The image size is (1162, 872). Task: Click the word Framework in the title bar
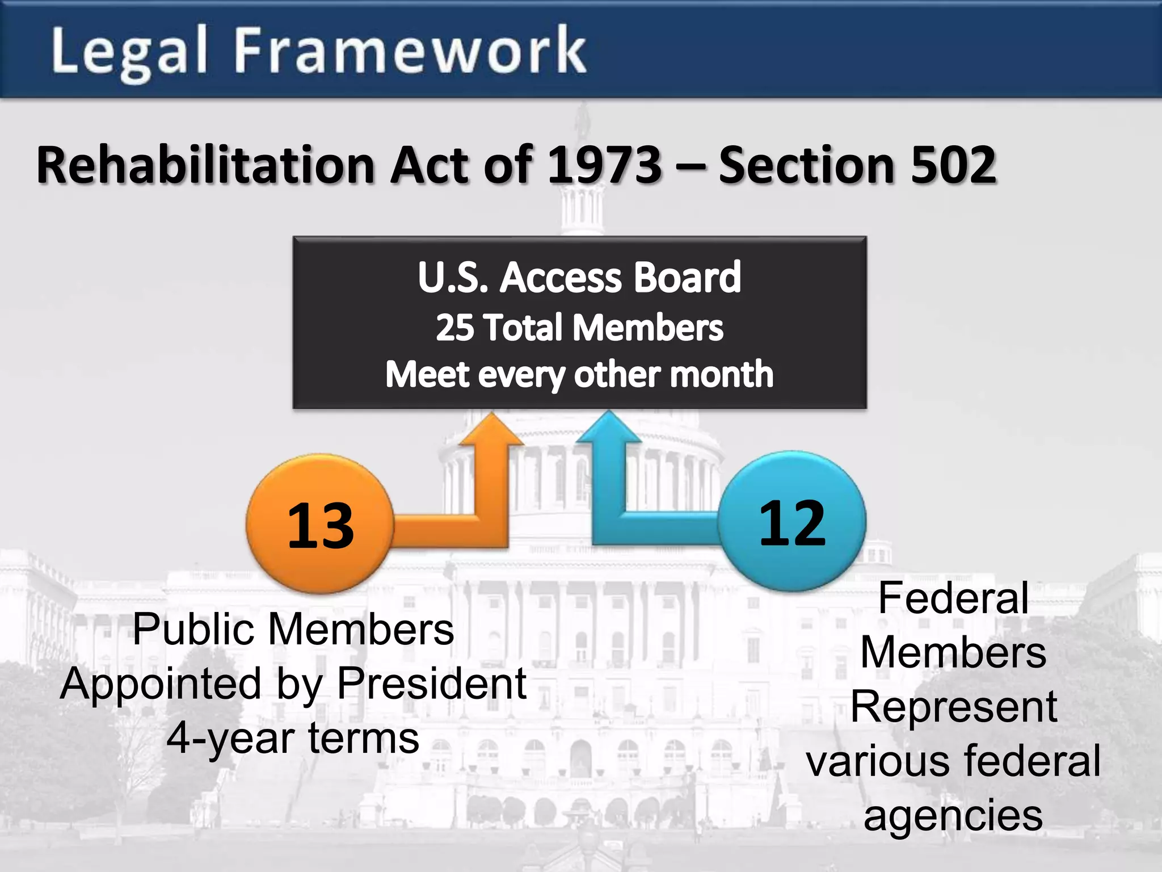410,51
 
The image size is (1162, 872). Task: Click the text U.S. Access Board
579,278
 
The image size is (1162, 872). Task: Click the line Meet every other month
579,375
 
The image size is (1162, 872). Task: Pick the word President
432,684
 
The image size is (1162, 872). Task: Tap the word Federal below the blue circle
953,598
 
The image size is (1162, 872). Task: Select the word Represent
953,707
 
